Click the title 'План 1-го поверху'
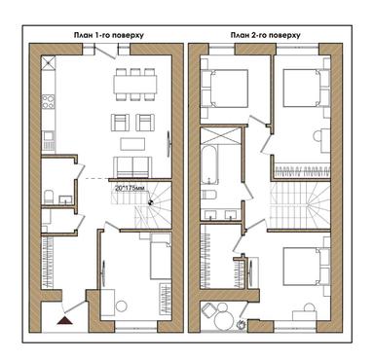tap(108, 34)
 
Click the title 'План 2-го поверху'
tap(265, 34)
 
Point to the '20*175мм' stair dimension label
tap(130, 187)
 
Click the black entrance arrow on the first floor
tap(65, 314)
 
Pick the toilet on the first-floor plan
tap(49, 200)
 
